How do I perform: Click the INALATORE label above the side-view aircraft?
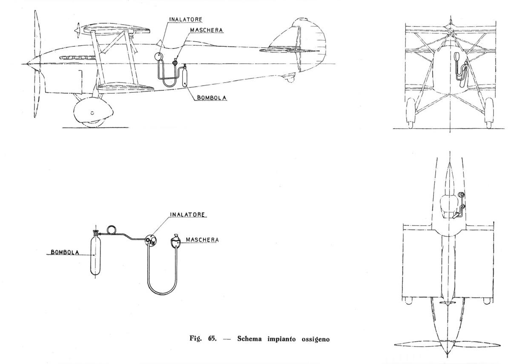pyautogui.click(x=186, y=20)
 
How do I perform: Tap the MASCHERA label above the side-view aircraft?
pyautogui.click(x=207, y=30)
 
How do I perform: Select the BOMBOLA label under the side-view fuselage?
pyautogui.click(x=212, y=97)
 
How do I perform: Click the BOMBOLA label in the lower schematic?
pyautogui.click(x=65, y=252)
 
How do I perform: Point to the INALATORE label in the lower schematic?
pyautogui.click(x=187, y=215)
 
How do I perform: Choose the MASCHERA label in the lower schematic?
pyautogui.click(x=202, y=240)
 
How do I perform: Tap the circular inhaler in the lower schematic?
pyautogui.click(x=151, y=241)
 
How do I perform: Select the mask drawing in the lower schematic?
pyautogui.click(x=175, y=241)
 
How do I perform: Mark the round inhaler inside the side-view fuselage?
pyautogui.click(x=158, y=56)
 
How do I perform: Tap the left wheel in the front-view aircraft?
pyautogui.click(x=411, y=113)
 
